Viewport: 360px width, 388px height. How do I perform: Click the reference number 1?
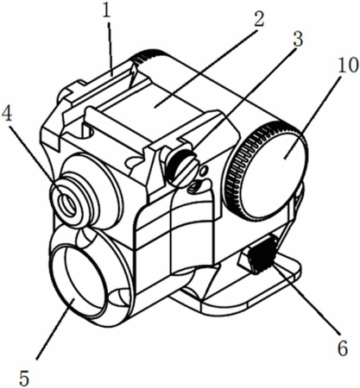tap(107, 10)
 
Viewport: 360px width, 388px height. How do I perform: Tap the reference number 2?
tap(258, 19)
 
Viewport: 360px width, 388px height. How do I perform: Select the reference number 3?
tap(298, 39)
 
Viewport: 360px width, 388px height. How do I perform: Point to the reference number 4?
tap(7, 116)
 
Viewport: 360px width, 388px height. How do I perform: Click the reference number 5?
tap(24, 378)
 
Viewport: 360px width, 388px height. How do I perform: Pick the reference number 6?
tap(343, 348)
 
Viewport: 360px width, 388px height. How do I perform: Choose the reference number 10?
tap(348, 66)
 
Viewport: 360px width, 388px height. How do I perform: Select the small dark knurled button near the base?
tap(262, 253)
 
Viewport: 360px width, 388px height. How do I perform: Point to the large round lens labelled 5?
tap(84, 283)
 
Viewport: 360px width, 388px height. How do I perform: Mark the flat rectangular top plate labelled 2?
tap(154, 107)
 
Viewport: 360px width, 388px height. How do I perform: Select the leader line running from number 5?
tap(55, 329)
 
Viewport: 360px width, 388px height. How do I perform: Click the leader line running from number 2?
tap(205, 68)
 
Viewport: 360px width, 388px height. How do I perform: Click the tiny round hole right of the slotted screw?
tap(204, 172)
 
